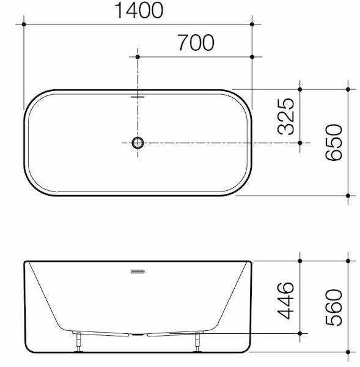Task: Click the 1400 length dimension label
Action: (x=139, y=10)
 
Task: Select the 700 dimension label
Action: (x=196, y=43)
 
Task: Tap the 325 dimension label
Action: (x=285, y=116)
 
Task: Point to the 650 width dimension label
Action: (x=334, y=143)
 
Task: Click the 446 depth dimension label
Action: (x=285, y=300)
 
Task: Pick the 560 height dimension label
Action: (x=334, y=307)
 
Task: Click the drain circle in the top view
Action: (x=138, y=143)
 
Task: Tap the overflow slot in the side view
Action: (x=138, y=272)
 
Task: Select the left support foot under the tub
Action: (x=79, y=342)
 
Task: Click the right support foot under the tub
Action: (x=198, y=342)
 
